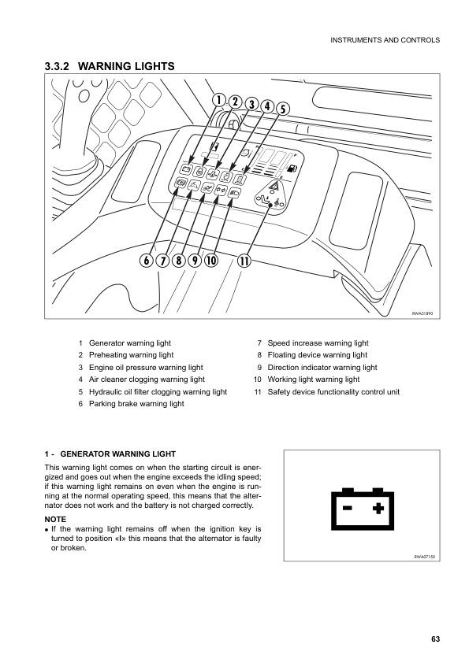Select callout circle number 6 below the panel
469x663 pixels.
147,261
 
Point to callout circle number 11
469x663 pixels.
244,261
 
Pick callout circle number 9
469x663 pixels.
194,261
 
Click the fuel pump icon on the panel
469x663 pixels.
292,168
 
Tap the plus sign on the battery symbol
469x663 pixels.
378,508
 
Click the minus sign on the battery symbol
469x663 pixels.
346,508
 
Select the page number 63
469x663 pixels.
435,639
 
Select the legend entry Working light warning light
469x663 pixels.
313,380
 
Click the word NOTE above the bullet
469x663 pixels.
56,520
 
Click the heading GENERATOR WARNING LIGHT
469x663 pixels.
117,454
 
